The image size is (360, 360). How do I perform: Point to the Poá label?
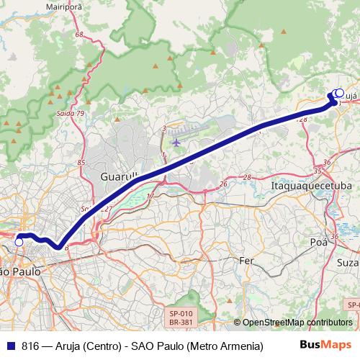[318, 243]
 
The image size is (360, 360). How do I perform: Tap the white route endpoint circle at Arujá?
[338, 93]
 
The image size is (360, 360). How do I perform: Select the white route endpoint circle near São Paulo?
[19, 243]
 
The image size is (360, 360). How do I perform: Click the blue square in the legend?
[10, 345]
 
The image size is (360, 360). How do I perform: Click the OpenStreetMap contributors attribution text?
[297, 323]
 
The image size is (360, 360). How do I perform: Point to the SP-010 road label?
[181, 313]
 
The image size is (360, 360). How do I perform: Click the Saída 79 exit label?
[71, 113]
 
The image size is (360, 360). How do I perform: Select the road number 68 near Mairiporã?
[78, 35]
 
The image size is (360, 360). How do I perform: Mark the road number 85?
[81, 163]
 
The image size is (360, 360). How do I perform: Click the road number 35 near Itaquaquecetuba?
[318, 171]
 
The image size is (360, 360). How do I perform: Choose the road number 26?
[223, 184]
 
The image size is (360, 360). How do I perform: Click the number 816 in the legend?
[31, 345]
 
